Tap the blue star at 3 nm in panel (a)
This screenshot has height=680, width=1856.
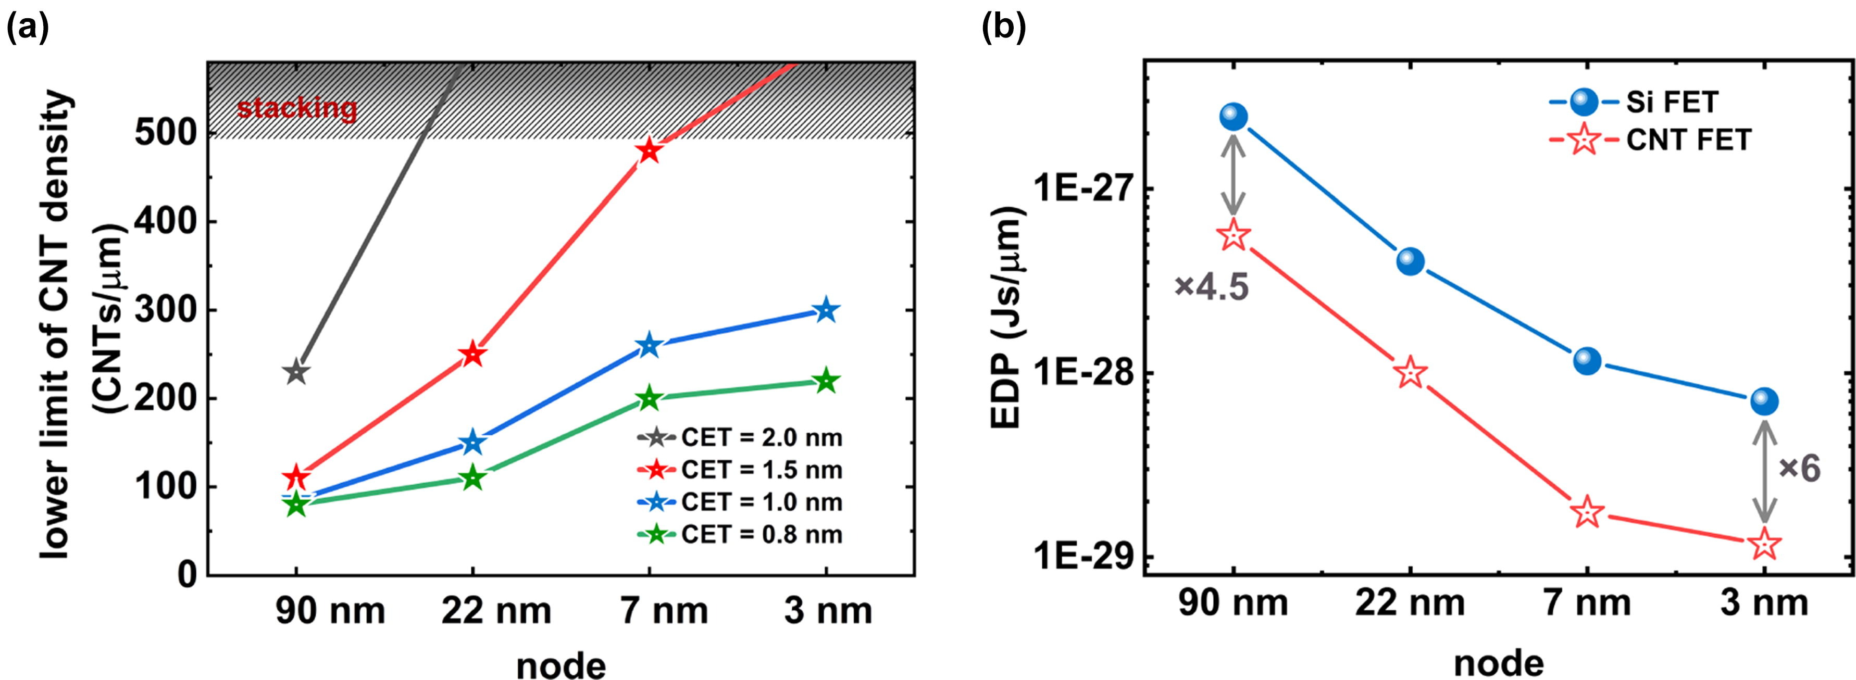(826, 310)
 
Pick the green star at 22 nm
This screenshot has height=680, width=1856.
(472, 477)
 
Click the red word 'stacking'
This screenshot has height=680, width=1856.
(297, 108)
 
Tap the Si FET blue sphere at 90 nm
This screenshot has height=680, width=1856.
(1234, 116)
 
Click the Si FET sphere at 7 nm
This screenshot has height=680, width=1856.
(1587, 360)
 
